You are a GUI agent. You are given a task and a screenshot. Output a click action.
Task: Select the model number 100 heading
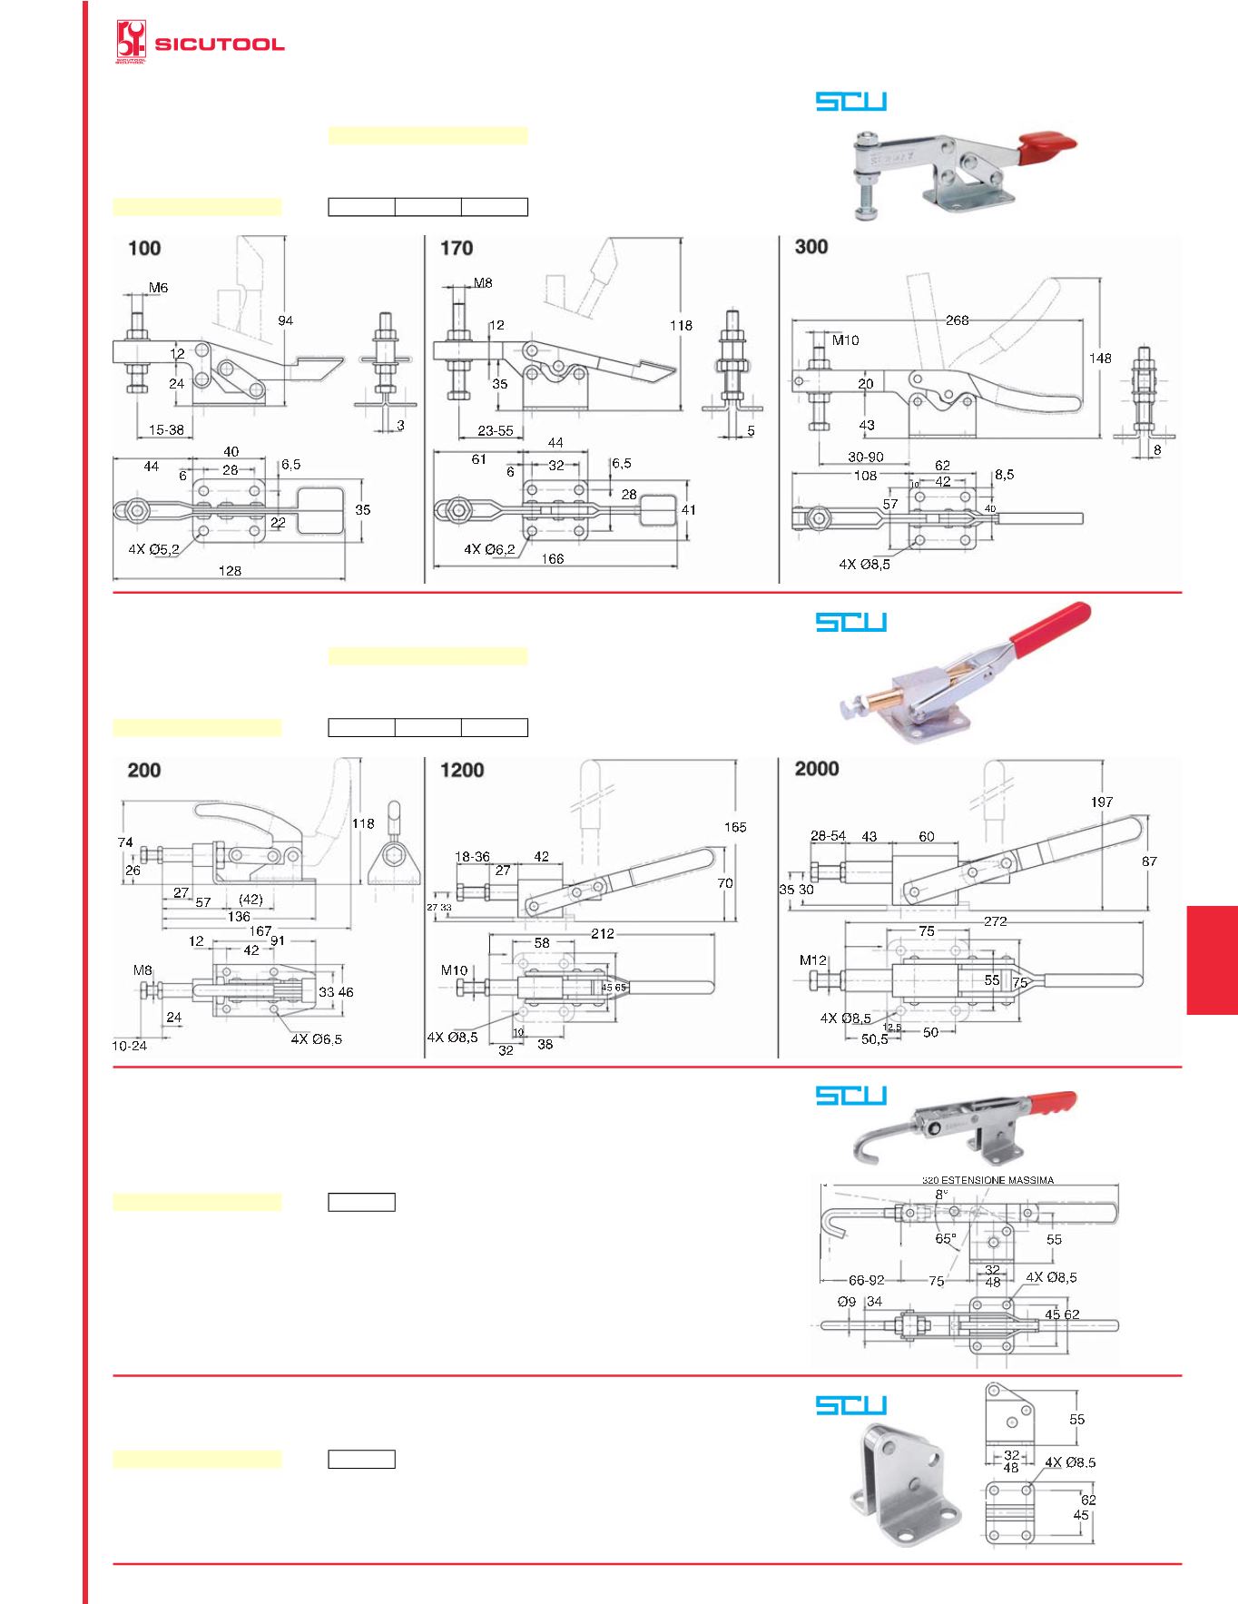tap(144, 249)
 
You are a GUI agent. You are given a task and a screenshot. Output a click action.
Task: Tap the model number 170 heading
tap(457, 248)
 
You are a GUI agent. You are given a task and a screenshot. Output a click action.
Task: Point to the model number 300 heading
tap(811, 247)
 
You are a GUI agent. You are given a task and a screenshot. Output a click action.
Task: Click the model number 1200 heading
tap(462, 771)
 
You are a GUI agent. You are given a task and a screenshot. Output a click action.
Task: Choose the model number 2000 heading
tap(817, 769)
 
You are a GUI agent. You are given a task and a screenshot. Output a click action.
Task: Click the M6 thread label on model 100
tap(158, 288)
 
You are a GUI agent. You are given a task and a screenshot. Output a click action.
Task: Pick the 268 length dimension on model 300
tap(958, 320)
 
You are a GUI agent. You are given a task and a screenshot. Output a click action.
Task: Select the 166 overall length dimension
tap(552, 559)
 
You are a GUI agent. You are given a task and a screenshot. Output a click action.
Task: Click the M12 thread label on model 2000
tap(813, 960)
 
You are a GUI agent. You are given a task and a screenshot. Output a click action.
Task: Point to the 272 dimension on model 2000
tap(995, 921)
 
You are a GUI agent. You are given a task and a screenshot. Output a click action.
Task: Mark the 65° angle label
tap(946, 1239)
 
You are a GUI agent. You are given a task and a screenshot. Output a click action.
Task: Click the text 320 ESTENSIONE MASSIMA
tap(987, 1180)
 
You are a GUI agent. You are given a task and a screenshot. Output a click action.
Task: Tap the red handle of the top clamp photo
tap(1048, 143)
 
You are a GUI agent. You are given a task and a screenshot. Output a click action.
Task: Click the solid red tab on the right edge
tap(1212, 959)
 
